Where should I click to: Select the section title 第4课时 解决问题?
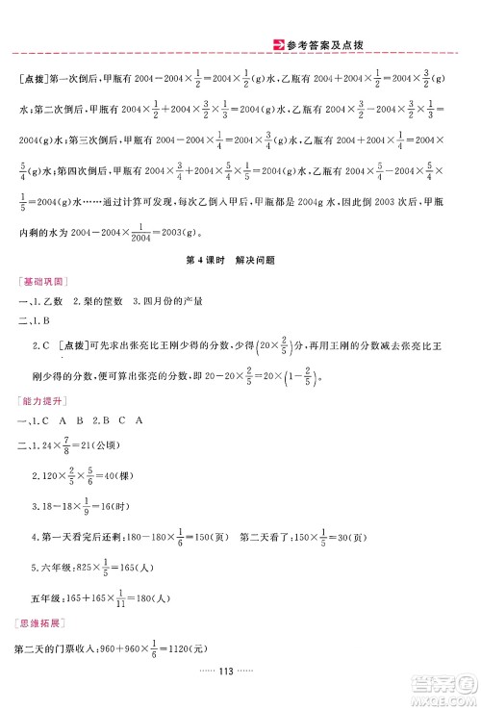point(240,270)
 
